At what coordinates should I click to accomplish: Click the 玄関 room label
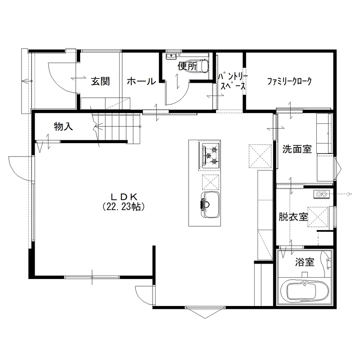pyautogui.click(x=100, y=81)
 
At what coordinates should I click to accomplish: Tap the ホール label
pyautogui.click(x=141, y=81)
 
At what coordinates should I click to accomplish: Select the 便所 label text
pyautogui.click(x=187, y=66)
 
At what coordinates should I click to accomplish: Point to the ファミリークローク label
pyautogui.click(x=289, y=81)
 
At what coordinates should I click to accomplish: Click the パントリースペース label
pyautogui.click(x=232, y=81)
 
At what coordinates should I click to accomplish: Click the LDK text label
pyautogui.click(x=124, y=196)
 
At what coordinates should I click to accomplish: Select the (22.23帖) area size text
pyautogui.click(x=124, y=207)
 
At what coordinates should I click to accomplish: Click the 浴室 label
pyautogui.click(x=305, y=262)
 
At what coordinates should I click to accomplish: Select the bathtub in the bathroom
pyautogui.click(x=303, y=291)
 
